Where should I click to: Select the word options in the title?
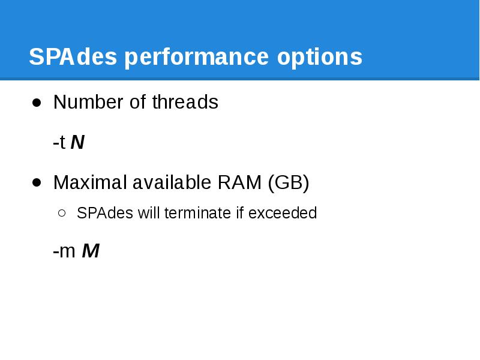click(x=320, y=57)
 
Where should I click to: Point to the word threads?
click(x=185, y=103)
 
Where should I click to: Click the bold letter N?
click(x=77, y=143)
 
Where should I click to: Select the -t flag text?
click(x=59, y=143)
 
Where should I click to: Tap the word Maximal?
click(x=89, y=182)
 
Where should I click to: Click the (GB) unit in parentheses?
click(x=289, y=182)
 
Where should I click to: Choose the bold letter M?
click(x=90, y=251)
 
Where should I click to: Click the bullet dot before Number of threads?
click(x=37, y=103)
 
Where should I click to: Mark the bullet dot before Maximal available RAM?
click(x=37, y=182)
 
